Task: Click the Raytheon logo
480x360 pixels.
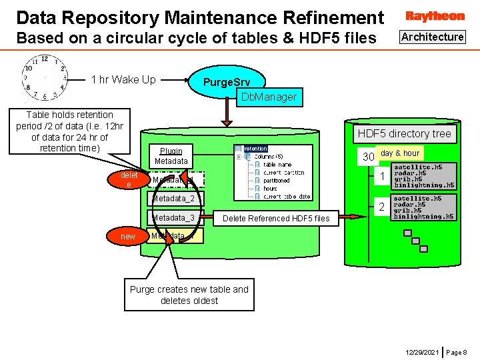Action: [435, 16]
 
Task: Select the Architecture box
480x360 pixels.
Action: [433, 37]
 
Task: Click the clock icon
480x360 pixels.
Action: [44, 77]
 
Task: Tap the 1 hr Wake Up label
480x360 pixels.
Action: [123, 80]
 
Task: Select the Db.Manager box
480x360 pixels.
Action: [269, 97]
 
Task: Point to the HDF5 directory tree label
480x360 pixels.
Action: [404, 133]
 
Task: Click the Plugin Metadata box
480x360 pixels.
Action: [171, 156]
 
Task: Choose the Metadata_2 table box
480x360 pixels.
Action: [173, 199]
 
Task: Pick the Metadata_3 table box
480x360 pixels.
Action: [173, 218]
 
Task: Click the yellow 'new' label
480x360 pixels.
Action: [128, 237]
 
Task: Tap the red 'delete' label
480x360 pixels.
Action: [129, 179]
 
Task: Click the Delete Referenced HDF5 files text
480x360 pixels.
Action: [276, 218]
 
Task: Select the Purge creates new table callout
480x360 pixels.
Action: [189, 295]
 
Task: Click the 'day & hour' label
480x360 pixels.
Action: [400, 153]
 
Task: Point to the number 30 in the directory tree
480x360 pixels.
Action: [367, 157]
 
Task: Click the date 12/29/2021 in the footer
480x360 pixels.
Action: [422, 351]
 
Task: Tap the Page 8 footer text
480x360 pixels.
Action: [457, 351]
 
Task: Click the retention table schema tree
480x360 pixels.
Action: [272, 172]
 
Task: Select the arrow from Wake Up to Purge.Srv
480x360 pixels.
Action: [174, 80]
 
